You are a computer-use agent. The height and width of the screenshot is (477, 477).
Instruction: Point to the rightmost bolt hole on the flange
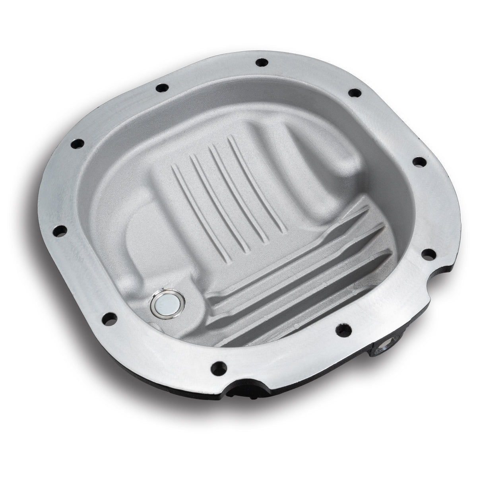pos(427,253)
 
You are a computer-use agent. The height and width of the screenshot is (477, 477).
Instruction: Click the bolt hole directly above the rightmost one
pos(418,161)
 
